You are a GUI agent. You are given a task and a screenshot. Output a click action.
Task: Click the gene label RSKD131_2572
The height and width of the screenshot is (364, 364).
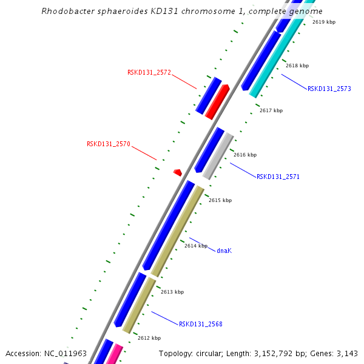tap(149, 72)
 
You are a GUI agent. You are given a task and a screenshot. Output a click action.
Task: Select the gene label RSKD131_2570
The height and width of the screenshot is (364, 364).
tap(108, 144)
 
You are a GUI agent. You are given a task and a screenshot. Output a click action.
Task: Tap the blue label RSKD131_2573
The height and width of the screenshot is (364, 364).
tap(329, 89)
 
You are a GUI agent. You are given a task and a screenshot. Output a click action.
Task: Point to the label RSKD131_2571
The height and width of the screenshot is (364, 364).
tap(278, 177)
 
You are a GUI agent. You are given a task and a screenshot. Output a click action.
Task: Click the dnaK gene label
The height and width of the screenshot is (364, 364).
tap(224, 250)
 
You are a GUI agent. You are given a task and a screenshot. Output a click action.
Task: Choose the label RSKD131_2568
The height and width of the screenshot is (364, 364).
tap(200, 324)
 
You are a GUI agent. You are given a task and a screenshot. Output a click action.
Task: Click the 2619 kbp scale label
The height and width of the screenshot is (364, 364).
tap(324, 22)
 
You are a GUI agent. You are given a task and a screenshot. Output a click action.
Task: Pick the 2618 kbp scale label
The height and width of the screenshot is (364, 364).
tap(297, 66)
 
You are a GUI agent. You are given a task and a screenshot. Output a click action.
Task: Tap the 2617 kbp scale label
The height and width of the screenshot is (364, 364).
tap(271, 110)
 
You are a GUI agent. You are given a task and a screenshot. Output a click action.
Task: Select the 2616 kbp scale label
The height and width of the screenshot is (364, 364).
tap(245, 155)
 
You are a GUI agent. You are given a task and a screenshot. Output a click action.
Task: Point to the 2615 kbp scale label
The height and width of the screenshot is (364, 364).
tap(220, 200)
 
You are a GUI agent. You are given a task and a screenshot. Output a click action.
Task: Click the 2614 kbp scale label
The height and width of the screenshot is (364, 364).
tap(196, 246)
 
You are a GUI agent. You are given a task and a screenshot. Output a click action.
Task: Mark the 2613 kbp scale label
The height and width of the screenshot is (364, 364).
tap(172, 292)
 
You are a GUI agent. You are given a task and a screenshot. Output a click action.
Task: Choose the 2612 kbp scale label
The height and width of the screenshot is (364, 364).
tap(149, 338)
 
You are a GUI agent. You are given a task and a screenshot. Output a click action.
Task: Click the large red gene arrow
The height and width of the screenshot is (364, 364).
tap(217, 102)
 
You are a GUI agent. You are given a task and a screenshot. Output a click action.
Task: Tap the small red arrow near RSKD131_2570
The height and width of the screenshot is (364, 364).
tap(178, 172)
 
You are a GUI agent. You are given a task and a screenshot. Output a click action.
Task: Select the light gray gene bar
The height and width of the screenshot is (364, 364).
tap(218, 157)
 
